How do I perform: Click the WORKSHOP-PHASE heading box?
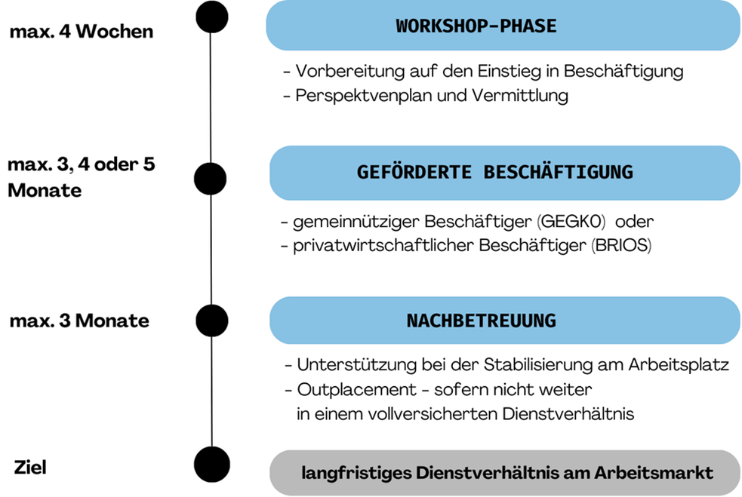[x=503, y=26]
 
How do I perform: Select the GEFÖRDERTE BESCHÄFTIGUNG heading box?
[x=505, y=173]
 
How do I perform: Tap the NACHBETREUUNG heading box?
[x=505, y=320]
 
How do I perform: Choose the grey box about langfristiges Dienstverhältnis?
[x=505, y=472]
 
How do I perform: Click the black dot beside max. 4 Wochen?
[x=212, y=17]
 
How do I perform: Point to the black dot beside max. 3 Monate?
[x=212, y=321]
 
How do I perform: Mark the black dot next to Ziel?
[x=212, y=465]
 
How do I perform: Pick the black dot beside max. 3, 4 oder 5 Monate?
[x=210, y=179]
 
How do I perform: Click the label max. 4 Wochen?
[x=82, y=32]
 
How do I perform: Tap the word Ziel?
[x=30, y=467]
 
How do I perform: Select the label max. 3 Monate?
[x=79, y=321]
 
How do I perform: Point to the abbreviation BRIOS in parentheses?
[x=621, y=245]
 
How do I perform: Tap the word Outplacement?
[x=357, y=390]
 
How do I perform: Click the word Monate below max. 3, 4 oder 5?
[x=45, y=191]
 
